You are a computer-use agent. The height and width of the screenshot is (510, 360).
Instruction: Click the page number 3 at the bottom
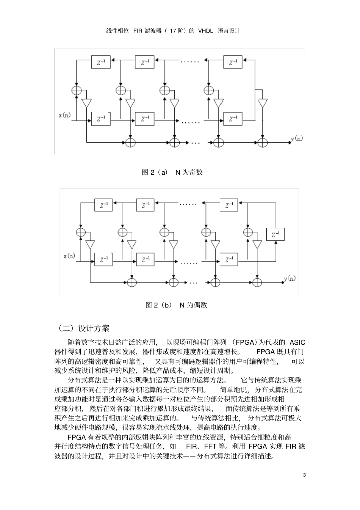point(305,475)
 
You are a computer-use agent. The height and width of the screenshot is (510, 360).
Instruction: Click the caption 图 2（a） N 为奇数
point(172,173)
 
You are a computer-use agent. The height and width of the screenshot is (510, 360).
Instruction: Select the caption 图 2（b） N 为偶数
point(176,305)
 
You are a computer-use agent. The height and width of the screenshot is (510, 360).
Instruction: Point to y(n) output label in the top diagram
point(297,139)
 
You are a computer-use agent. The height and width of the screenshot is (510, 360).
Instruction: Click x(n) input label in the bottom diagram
point(69,256)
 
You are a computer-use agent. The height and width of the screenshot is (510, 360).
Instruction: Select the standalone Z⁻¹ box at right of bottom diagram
point(275,234)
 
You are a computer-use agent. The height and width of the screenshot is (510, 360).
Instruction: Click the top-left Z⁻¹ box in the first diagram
point(101,62)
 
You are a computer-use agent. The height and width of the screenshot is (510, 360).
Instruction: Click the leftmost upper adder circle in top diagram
point(77,90)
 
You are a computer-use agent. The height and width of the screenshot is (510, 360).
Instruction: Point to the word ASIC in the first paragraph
point(297,342)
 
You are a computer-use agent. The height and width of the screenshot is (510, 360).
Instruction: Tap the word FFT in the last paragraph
point(221,446)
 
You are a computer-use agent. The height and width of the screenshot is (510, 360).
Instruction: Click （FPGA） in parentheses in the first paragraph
point(245,342)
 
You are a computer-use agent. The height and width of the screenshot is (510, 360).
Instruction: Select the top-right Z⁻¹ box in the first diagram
point(233,62)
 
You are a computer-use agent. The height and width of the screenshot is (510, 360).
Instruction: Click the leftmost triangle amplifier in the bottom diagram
point(90,244)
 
